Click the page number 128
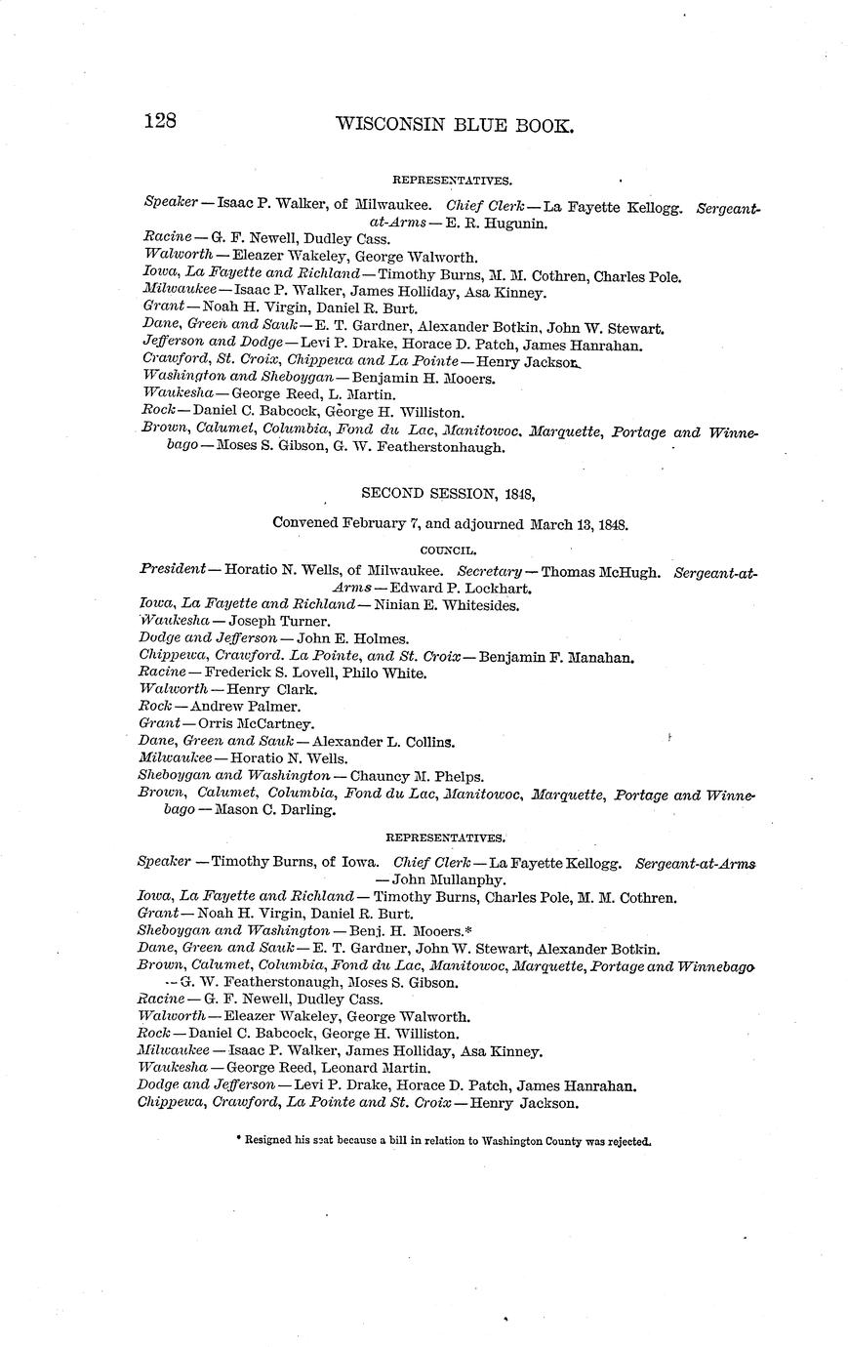point(159,122)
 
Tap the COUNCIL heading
point(448,551)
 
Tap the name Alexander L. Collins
point(383,742)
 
